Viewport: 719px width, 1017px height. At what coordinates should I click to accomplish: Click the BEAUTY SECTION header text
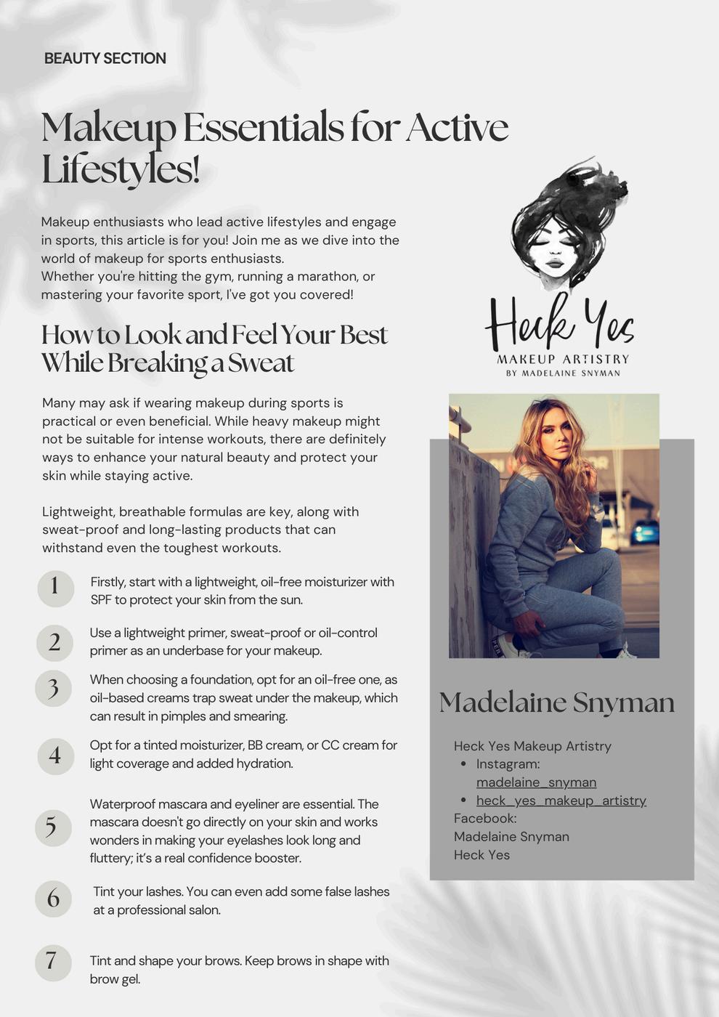105,58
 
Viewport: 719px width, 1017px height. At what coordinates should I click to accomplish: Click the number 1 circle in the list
55,587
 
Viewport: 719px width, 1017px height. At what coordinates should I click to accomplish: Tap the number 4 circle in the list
55,755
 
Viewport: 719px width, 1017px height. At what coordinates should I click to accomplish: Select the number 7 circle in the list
52,962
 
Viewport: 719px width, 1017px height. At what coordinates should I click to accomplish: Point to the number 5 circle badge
52,827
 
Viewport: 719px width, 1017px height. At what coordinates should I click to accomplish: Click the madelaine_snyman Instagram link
536,782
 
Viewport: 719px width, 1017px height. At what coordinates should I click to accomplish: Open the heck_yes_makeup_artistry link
561,801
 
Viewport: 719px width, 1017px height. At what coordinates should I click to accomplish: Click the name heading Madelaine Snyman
556,702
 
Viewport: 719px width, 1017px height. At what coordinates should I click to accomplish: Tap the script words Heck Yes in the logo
559,323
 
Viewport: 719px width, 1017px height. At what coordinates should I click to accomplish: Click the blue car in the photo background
644,532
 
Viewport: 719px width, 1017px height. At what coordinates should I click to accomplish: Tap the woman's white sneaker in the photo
508,647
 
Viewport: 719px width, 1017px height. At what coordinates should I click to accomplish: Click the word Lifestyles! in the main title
121,170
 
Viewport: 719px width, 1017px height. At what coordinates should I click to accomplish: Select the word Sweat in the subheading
261,362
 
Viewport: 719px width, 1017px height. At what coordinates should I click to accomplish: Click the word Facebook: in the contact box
485,819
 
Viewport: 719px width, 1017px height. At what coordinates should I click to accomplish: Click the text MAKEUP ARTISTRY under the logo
563,359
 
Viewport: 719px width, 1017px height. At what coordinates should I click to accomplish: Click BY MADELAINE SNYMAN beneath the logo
563,373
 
